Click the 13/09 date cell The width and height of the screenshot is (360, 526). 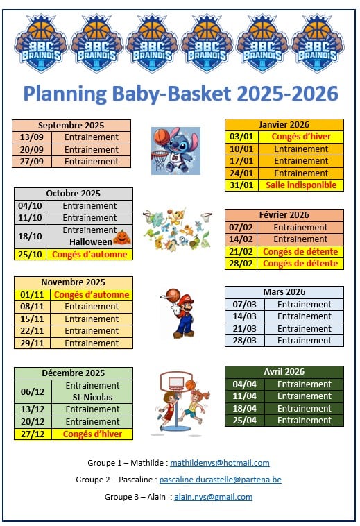(x=31, y=137)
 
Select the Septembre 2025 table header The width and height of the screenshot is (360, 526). (x=71, y=125)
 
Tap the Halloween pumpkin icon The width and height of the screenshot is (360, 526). (x=122, y=237)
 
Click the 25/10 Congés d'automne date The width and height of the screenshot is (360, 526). (x=30, y=254)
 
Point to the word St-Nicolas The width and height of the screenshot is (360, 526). (x=92, y=397)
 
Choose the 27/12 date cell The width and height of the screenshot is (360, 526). (x=33, y=434)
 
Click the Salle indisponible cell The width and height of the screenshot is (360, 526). (x=301, y=185)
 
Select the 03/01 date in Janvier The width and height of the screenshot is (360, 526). (x=241, y=137)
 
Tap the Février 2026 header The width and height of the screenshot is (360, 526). (x=284, y=214)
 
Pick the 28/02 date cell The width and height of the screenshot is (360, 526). (x=241, y=263)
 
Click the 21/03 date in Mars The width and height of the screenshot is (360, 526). (x=244, y=328)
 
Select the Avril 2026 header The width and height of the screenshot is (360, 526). (x=284, y=372)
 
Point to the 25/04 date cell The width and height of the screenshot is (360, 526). (x=244, y=421)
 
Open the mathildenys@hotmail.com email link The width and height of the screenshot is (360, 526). (x=220, y=463)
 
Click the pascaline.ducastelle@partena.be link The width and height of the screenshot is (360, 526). (x=220, y=480)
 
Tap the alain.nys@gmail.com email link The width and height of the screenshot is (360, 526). (x=213, y=497)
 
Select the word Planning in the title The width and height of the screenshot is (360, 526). (x=65, y=94)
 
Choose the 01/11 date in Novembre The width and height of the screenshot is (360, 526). (x=32, y=294)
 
